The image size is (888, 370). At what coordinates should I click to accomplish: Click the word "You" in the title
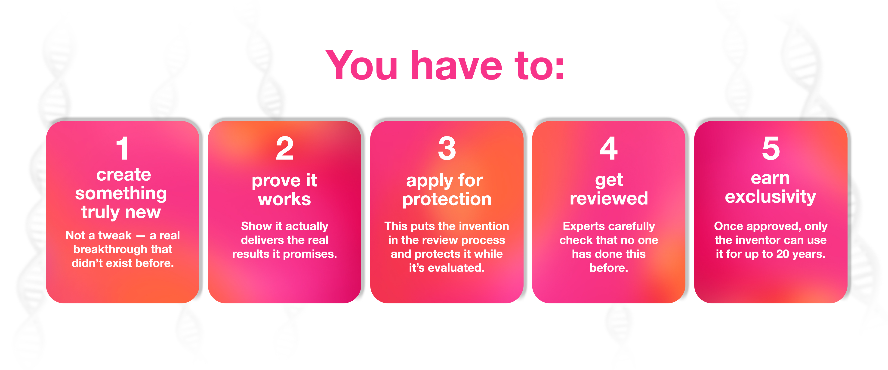tap(362, 65)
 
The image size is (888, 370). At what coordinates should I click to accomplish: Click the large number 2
tap(285, 148)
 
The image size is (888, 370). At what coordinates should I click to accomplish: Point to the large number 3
tap(447, 148)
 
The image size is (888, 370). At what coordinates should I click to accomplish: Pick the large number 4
tap(609, 148)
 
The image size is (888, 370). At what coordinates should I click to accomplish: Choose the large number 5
tap(771, 148)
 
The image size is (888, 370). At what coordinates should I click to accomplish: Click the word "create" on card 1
tap(123, 175)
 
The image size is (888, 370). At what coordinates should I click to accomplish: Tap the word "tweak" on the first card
tap(115, 235)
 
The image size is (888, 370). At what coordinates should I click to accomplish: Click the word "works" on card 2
tap(284, 199)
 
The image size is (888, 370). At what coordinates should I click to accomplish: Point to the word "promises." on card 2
tap(310, 254)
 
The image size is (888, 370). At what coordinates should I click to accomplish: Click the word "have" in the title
tap(457, 65)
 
